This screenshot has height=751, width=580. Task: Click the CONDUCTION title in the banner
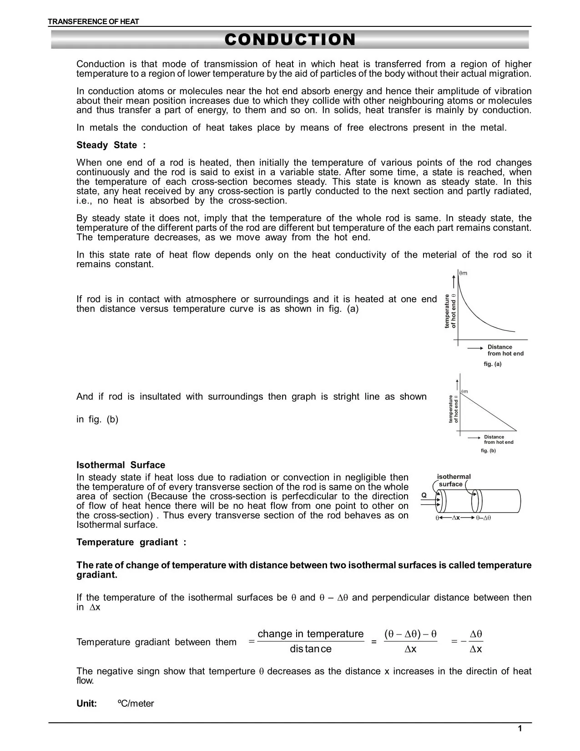pos(290,40)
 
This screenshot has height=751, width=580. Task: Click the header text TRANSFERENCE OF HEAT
pos(94,21)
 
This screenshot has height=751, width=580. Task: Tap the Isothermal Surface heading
pos(121,465)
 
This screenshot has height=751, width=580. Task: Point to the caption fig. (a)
pos(492,364)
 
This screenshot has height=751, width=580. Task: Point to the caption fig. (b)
pos(488,451)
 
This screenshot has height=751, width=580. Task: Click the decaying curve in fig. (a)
pos(473,314)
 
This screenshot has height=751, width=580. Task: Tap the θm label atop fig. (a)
pos(463,273)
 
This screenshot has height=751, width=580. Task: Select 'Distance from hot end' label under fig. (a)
pos(505,350)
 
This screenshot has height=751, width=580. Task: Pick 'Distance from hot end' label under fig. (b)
pos(498,439)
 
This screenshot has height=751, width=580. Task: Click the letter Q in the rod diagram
pos(424,495)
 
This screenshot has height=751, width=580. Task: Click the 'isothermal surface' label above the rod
pos(454,480)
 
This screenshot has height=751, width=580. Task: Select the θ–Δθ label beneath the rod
pos(484,518)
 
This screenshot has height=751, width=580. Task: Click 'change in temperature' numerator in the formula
pos(310,634)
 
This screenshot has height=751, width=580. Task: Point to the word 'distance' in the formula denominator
pos(310,649)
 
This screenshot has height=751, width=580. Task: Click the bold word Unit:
pos(86,704)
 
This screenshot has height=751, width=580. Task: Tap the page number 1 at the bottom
pos(520,729)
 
